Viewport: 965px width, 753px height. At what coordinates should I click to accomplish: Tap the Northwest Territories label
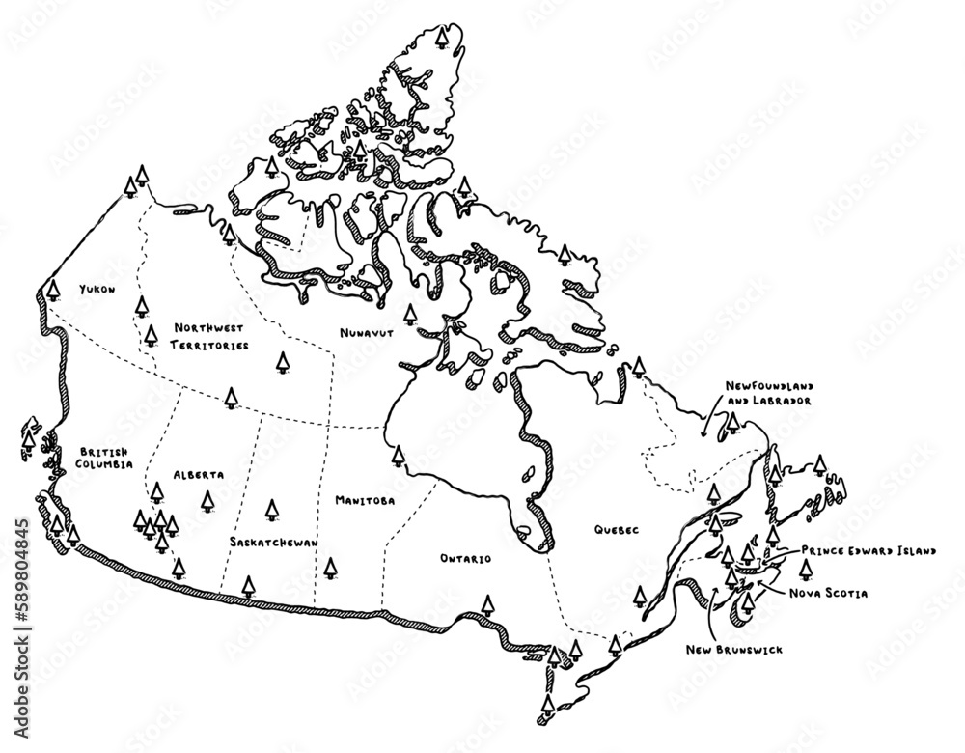point(210,337)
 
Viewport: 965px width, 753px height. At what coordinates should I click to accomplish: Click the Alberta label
point(199,476)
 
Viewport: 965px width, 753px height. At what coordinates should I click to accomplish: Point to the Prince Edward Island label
point(868,550)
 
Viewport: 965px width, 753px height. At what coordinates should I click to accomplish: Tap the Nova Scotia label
point(828,592)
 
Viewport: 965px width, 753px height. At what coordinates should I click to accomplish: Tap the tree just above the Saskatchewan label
point(272,509)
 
